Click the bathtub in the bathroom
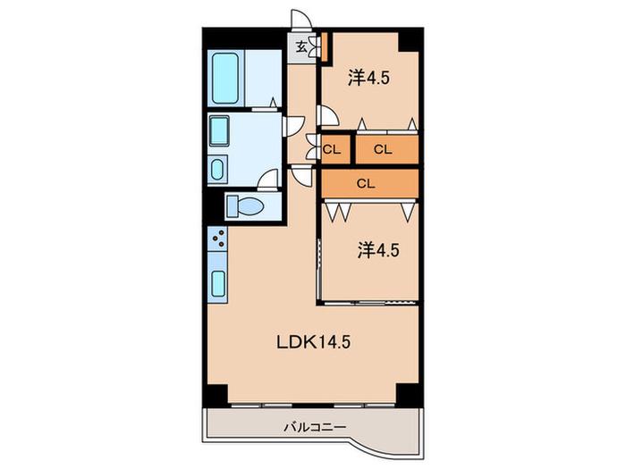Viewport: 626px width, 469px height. [225, 79]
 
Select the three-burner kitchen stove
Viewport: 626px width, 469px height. [217, 239]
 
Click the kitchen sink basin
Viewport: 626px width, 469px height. [218, 283]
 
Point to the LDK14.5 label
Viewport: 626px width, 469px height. [313, 342]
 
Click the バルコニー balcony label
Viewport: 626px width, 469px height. [315, 428]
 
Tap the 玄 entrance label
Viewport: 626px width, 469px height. [302, 47]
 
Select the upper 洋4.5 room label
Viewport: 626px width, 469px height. [368, 78]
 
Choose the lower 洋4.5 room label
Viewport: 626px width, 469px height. [378, 250]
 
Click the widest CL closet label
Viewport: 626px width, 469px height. [366, 183]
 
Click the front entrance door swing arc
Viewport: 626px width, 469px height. [302, 19]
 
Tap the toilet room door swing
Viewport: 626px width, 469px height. [268, 179]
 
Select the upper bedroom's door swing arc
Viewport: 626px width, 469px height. [328, 115]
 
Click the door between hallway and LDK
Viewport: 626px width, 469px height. [301, 174]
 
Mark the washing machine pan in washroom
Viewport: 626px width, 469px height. [219, 130]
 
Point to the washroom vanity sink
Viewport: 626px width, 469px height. [217, 169]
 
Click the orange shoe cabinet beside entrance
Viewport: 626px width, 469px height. [325, 47]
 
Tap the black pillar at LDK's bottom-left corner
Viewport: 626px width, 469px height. [216, 395]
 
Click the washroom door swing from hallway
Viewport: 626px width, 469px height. [294, 126]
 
